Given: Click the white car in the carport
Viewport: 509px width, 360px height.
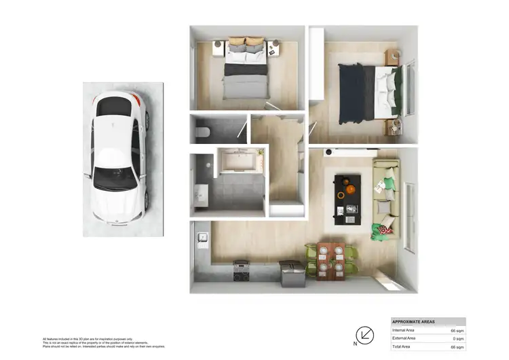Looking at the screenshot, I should pyautogui.click(x=120, y=160).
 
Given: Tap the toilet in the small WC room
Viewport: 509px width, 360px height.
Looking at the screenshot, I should pyautogui.click(x=202, y=131).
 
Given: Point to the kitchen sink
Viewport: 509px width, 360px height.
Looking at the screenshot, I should pyautogui.click(x=202, y=237).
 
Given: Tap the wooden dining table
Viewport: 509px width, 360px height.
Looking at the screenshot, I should pyautogui.click(x=333, y=259).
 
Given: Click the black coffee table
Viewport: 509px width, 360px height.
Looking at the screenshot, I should pyautogui.click(x=347, y=196).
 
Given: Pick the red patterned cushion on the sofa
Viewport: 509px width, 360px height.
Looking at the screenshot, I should pyautogui.click(x=384, y=229).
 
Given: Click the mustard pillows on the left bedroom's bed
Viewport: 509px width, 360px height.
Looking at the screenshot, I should pyautogui.click(x=246, y=42).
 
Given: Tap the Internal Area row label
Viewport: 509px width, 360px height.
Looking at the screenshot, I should pyautogui.click(x=404, y=330).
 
